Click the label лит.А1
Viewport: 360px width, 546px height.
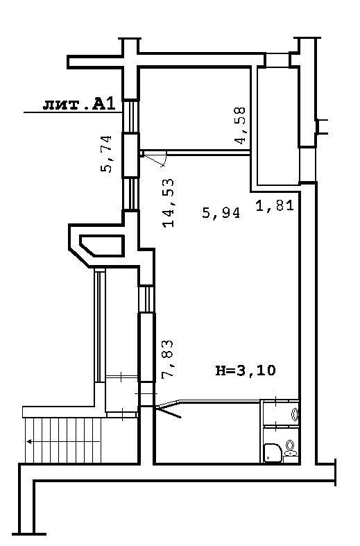[79, 104]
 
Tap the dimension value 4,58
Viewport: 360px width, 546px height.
[240, 125]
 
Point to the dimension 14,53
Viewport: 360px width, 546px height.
[168, 203]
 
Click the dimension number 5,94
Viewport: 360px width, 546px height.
[221, 212]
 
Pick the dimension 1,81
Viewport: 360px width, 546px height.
[275, 205]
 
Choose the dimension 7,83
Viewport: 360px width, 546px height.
[167, 359]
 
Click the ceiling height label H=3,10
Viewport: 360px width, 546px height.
[246, 370]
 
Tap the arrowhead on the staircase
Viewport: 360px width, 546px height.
[29, 441]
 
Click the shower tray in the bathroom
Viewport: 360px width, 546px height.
[273, 452]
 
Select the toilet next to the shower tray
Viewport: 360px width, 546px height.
[290, 450]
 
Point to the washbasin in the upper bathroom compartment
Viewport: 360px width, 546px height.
[295, 414]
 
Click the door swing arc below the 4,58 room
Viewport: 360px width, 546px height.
[164, 160]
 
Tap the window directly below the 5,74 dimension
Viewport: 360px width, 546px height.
[131, 194]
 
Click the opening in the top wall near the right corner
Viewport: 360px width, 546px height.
[277, 60]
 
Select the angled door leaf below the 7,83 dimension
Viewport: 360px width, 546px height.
[169, 411]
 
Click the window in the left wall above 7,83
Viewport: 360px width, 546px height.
[146, 299]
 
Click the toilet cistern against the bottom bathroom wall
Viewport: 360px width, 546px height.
[290, 459]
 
